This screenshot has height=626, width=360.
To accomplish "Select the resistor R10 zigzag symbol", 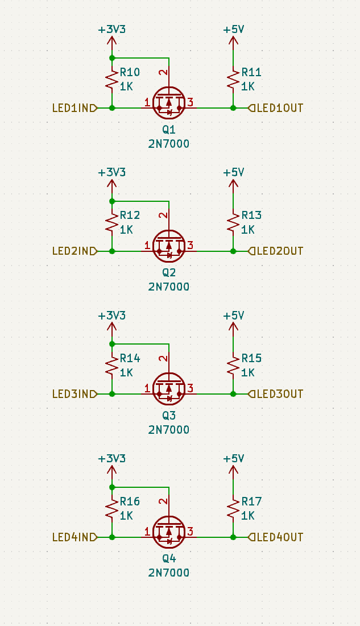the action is tap(112, 80).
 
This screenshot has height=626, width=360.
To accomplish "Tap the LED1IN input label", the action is tap(75, 108).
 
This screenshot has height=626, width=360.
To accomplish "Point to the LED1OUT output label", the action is tap(276, 108).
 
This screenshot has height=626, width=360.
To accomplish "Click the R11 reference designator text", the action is tap(251, 72).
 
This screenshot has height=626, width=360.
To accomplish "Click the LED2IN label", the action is tap(75, 251).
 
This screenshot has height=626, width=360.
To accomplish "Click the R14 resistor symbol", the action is tap(112, 366).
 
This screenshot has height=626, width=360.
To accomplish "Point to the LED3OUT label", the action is tap(276, 394).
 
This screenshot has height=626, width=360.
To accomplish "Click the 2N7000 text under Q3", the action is tap(168, 430).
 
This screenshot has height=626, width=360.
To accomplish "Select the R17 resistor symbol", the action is tap(233, 509).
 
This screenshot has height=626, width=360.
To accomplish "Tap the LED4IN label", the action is tap(75, 537).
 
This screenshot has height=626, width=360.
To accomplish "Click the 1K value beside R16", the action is tap(126, 516).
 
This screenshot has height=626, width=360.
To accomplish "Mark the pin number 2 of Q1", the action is tap(163, 73).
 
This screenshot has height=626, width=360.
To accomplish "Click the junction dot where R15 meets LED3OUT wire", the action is tap(233, 394).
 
